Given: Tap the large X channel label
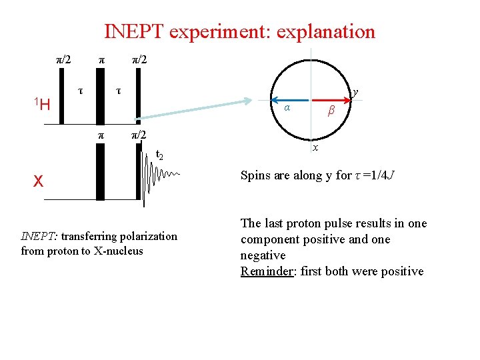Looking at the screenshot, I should [x=39, y=181].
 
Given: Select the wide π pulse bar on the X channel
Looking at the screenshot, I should [x=101, y=172].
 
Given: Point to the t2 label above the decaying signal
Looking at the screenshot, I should [x=159, y=155].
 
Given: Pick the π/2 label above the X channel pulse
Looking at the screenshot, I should [x=138, y=135].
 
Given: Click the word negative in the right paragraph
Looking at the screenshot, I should [x=263, y=255].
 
